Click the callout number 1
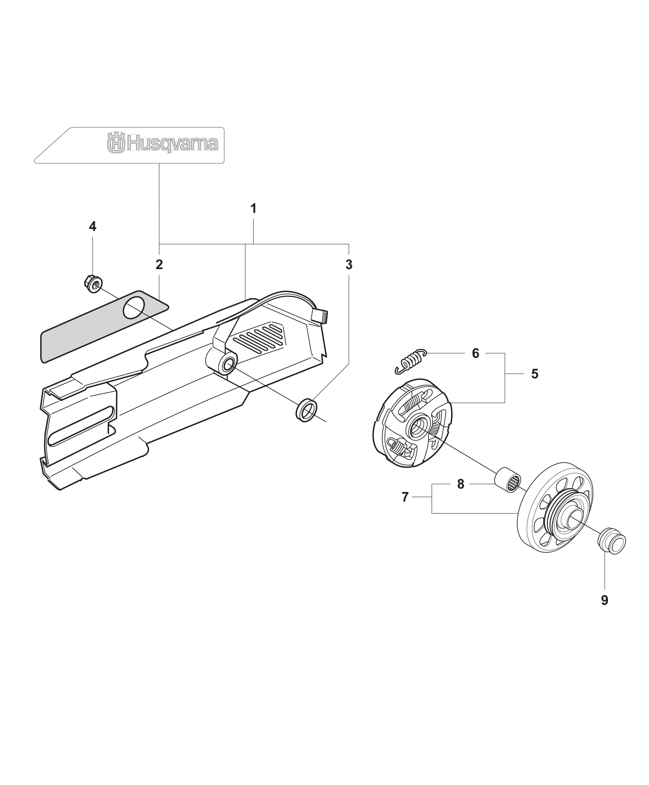coord(253,208)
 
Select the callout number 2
coord(159,265)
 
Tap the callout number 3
coord(349,265)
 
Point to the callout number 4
coord(92,226)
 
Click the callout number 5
coord(535,374)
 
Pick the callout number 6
coord(476,353)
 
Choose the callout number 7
coord(405,497)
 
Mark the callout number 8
coord(461,484)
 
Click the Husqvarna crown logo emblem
coord(116,142)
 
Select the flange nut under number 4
coord(93,284)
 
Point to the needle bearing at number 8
coord(508,480)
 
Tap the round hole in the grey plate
coord(134,308)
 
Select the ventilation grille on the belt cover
coord(259,337)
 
